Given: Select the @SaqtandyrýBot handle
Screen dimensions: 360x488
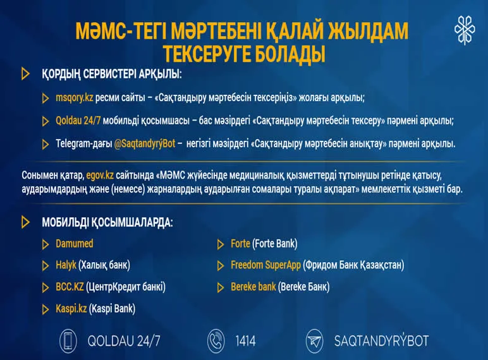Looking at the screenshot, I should (143, 144).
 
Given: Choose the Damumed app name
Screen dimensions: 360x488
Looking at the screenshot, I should (74, 243).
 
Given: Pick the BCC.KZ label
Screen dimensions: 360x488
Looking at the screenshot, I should (70, 287).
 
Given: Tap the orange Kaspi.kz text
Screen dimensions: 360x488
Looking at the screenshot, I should (71, 309).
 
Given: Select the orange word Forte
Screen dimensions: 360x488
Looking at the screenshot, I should (240, 243).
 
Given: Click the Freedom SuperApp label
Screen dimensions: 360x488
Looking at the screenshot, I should (265, 265).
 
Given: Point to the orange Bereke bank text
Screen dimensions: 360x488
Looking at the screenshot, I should (253, 287).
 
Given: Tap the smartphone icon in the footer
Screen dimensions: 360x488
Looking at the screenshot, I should (68, 342).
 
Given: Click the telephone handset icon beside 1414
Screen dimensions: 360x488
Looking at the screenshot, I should (216, 342).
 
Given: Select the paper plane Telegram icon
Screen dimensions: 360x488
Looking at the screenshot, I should (314, 342).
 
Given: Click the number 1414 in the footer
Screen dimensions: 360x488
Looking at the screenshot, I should (245, 342).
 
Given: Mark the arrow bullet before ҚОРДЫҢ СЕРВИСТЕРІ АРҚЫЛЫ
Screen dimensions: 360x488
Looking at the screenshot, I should (26, 74).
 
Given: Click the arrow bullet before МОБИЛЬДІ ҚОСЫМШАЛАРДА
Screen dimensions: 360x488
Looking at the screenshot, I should (26, 222).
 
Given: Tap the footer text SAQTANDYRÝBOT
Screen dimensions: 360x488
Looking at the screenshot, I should (381, 342).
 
